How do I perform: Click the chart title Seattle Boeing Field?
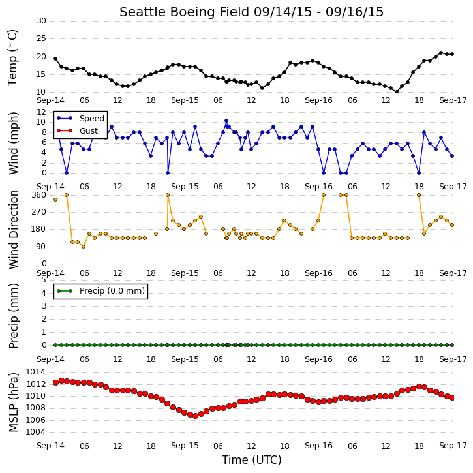185,12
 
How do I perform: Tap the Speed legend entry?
80,118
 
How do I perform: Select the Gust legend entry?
77,130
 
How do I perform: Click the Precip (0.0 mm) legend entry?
100,291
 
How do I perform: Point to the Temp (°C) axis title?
12,57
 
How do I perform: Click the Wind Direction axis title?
13,230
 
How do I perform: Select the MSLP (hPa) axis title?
13,403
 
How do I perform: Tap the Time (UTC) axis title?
252,460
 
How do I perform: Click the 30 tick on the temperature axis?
41,21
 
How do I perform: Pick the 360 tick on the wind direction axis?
39,195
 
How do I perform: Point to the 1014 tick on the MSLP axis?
36,372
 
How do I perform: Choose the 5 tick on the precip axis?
44,280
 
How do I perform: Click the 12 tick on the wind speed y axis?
41,112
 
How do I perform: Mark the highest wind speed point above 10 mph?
226,121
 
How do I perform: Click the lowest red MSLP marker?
195,416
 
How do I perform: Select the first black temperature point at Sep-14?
55,59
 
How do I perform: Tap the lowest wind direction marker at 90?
84,247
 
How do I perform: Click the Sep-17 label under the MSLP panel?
453,446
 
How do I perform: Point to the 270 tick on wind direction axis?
39,212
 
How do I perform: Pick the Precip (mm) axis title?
13,316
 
